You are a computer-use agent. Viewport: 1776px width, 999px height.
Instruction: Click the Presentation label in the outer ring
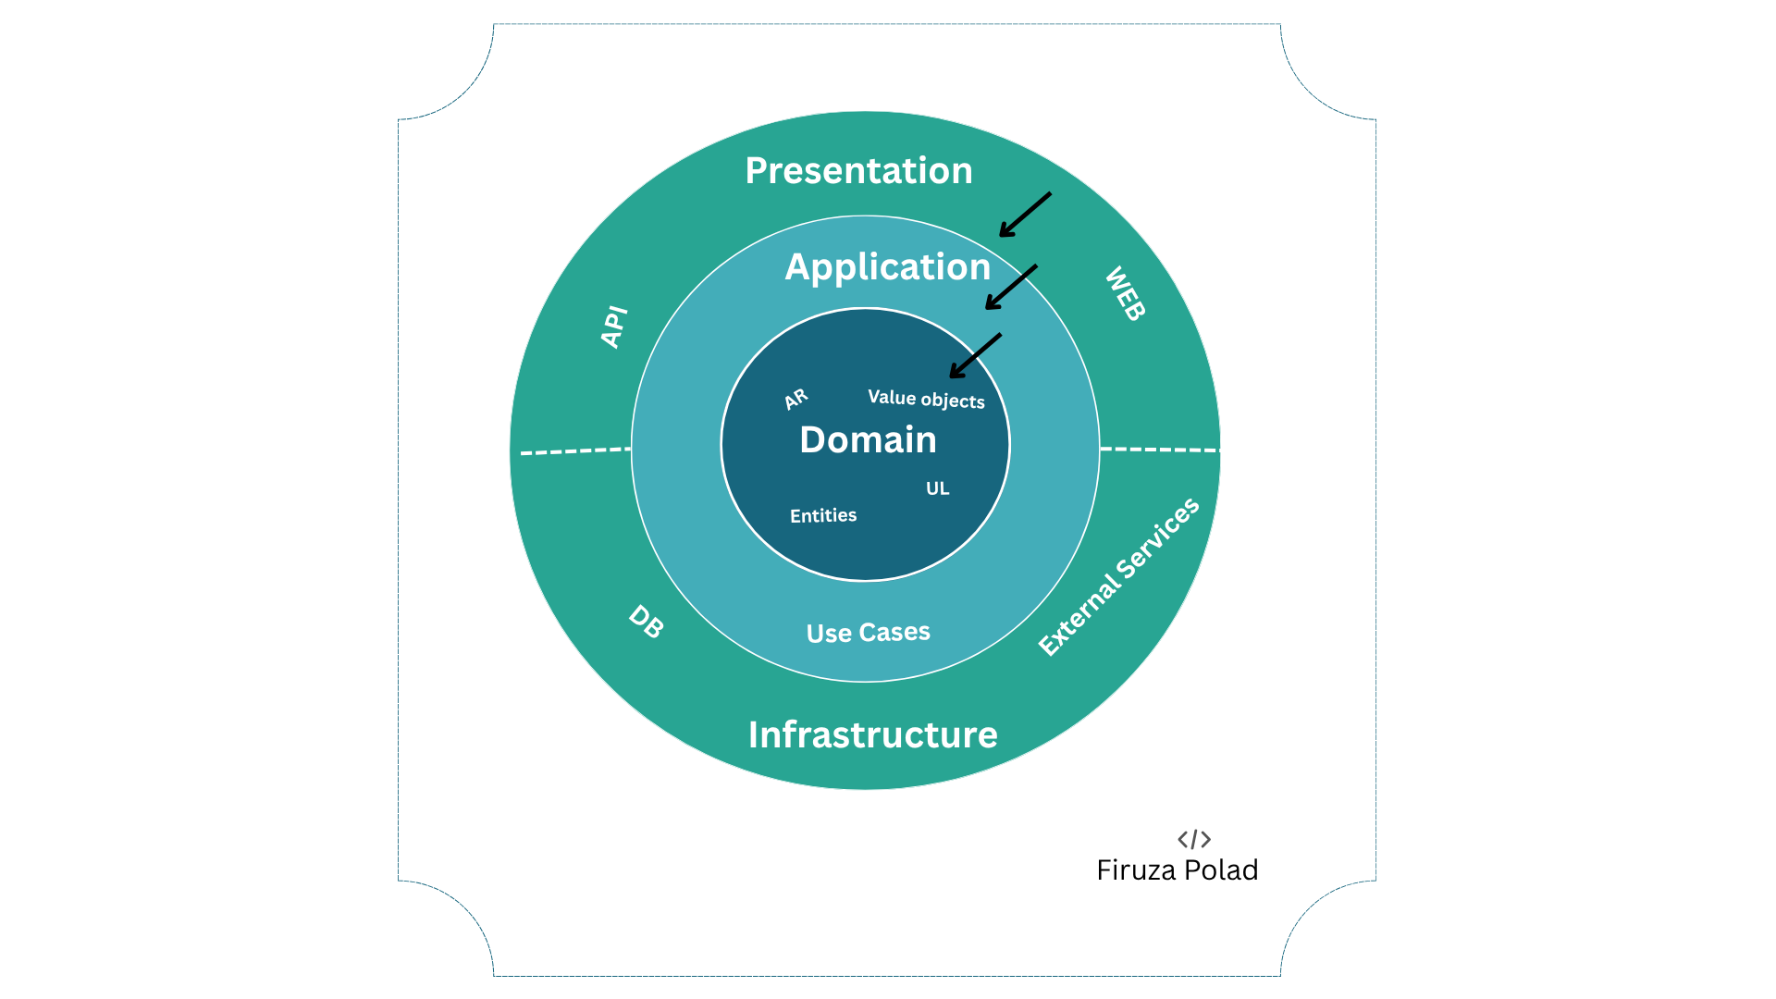coord(858,170)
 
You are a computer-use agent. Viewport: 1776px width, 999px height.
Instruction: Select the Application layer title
coord(888,267)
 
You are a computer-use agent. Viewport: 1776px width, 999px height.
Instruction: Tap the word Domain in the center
coord(868,439)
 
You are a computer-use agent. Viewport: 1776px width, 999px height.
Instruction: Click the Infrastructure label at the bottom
coord(872,734)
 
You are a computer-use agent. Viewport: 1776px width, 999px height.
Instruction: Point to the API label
coord(614,327)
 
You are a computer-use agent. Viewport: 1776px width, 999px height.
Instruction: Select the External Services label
coord(1118,576)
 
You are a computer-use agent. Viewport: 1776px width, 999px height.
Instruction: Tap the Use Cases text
coord(868,633)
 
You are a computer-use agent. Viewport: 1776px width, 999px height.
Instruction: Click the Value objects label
coord(926,399)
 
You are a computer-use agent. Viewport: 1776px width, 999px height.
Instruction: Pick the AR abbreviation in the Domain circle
coord(795,399)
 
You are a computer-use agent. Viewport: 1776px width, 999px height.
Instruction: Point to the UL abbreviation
coord(937,488)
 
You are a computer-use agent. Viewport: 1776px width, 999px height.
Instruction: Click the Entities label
coord(823,515)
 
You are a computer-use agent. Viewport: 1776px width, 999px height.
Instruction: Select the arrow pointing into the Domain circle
coord(976,355)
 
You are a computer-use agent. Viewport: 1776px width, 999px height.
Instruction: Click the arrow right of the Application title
coord(1011,287)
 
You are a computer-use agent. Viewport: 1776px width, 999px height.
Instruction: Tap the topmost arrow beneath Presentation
coord(1025,215)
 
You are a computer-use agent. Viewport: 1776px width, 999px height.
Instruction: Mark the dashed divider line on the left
coord(575,451)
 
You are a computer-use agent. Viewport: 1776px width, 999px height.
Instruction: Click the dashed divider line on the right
coord(1160,450)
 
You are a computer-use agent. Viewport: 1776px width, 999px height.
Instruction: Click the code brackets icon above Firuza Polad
coord(1194,839)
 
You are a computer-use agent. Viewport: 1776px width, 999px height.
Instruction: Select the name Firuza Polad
coord(1177,870)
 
